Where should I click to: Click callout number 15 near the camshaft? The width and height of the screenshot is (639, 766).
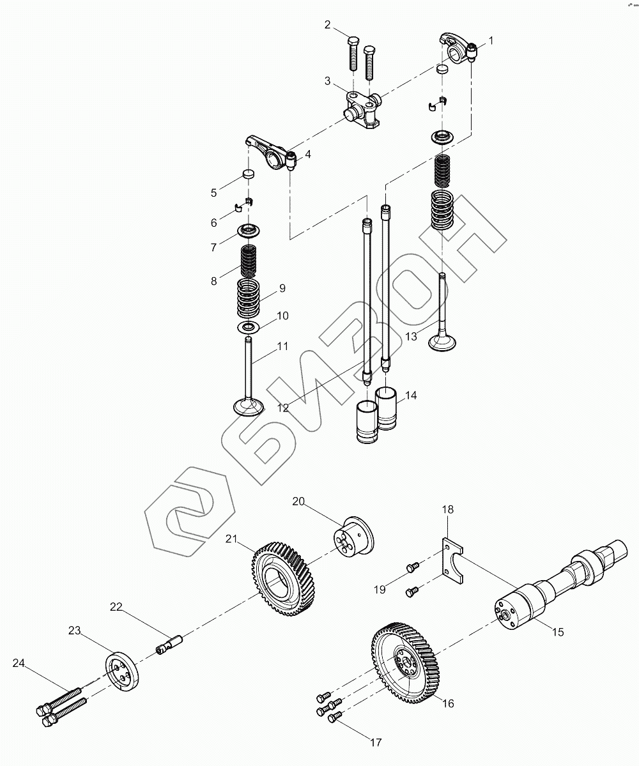[x=558, y=632]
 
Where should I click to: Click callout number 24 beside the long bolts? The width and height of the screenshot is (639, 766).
[x=19, y=663]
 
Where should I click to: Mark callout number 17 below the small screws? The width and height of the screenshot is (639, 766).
[x=375, y=742]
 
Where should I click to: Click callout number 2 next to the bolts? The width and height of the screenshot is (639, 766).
[x=328, y=25]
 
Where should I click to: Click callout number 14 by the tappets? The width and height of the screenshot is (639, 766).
[x=410, y=395]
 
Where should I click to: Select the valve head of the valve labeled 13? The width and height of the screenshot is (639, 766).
[x=442, y=342]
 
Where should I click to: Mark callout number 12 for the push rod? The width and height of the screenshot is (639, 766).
[x=282, y=407]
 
